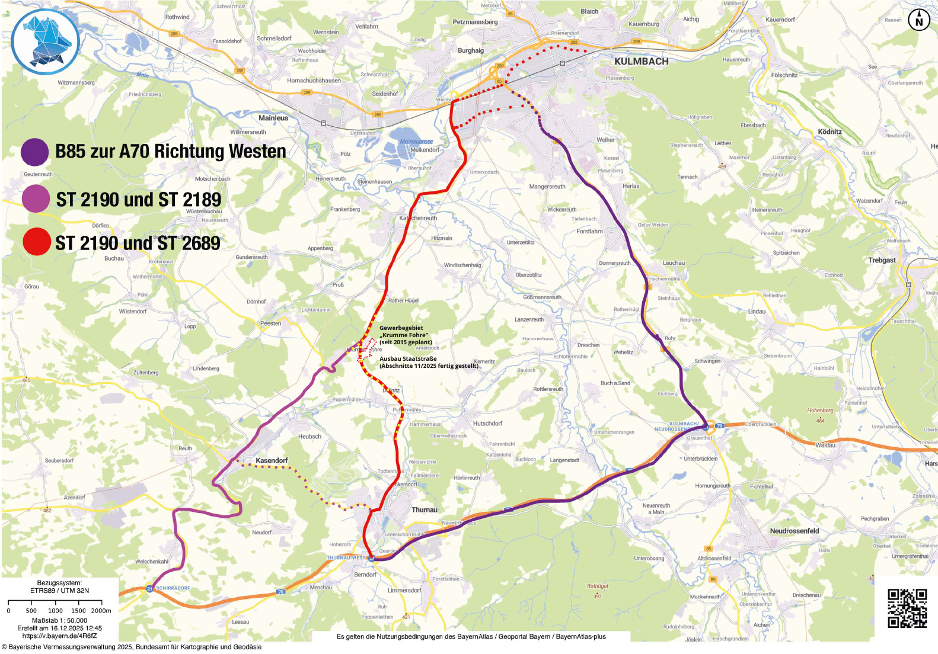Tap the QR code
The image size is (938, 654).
tap(907, 608)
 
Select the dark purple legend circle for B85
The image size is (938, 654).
tap(34, 152)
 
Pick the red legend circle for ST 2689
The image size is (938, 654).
tap(36, 242)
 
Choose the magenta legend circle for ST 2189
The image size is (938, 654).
tap(35, 198)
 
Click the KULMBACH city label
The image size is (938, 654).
tap(641, 62)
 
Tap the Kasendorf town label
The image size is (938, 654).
tap(272, 460)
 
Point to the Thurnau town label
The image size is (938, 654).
tap(425, 509)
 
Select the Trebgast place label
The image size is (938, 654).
tap(882, 260)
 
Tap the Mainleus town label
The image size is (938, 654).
tap(273, 118)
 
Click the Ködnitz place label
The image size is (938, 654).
tap(829, 132)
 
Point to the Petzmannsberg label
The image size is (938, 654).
tap(475, 22)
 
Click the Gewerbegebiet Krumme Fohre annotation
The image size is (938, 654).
tap(406, 335)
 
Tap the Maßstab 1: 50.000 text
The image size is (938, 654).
tap(59, 620)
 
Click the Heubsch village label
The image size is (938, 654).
tap(310, 437)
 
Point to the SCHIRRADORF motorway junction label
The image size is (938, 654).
tap(173, 588)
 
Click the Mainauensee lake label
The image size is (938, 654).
tap(416, 142)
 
